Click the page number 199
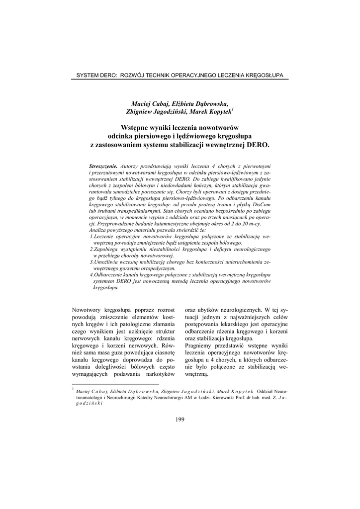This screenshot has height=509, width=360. pyautogui.click(x=180, y=420)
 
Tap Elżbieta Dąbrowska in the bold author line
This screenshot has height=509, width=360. pyautogui.click(x=200, y=103)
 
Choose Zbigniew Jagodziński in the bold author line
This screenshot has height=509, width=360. pyautogui.click(x=154, y=112)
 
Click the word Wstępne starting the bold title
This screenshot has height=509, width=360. pyautogui.click(x=137, y=128)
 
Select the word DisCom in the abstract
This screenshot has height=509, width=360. pyautogui.click(x=261, y=205)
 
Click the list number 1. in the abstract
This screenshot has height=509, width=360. pyautogui.click(x=91, y=237)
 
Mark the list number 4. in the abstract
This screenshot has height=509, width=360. pyautogui.click(x=91, y=274)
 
